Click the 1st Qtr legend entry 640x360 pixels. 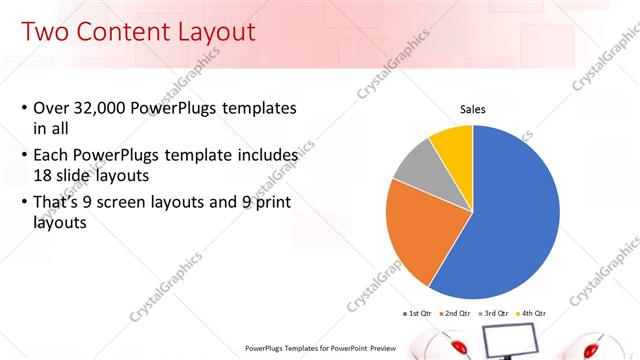click(x=417, y=313)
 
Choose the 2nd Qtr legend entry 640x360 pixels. click(x=457, y=313)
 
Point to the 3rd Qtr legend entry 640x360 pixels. click(x=497, y=313)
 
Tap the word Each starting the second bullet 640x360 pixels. click(x=52, y=156)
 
